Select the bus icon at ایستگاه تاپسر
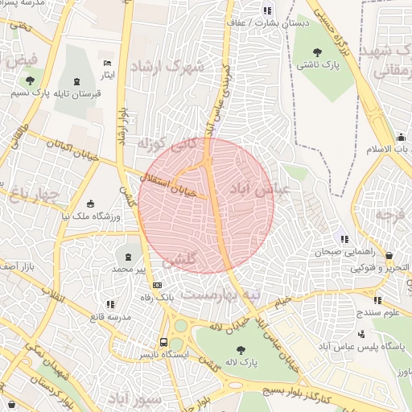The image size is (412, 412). coord(164,341)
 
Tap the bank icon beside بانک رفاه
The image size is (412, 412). coord(157,284)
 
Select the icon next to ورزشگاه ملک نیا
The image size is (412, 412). coord(90,203)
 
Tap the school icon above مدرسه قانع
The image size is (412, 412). coord(110,304)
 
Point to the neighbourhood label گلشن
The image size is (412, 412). coord(179,261)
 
